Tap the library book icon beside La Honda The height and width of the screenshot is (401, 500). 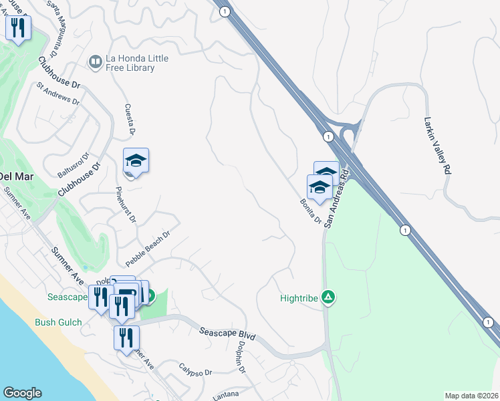96,63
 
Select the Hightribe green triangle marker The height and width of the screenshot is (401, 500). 328,296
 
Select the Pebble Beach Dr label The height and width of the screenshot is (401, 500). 148,247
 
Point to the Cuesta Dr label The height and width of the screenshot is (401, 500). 131,122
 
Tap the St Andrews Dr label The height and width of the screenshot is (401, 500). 58,94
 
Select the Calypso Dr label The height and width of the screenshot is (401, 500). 195,368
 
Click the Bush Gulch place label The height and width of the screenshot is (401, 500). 58,322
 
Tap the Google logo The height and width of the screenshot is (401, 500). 22,393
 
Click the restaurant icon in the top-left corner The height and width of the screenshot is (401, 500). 17,28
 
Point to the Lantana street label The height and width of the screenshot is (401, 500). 225,396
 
